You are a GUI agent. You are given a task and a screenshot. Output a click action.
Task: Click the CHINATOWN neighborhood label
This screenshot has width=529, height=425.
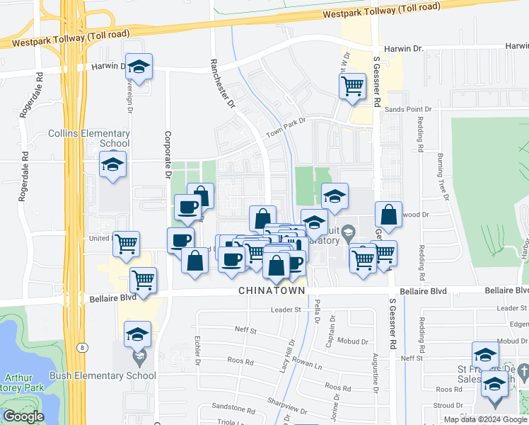(x=272, y=291)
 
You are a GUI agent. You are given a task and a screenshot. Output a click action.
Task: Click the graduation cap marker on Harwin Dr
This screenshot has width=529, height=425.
(x=139, y=67)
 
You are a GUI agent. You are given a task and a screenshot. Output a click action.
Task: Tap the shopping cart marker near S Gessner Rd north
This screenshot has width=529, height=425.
(x=351, y=86)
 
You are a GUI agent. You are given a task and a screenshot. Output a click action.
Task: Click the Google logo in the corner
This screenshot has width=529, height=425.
(x=23, y=416)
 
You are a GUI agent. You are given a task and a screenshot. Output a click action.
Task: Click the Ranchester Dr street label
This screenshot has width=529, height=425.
(x=222, y=84)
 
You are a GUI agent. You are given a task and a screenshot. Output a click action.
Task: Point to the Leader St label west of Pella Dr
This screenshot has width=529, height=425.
(x=286, y=310)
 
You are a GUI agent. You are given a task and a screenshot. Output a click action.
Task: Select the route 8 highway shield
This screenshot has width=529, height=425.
(x=85, y=347)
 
